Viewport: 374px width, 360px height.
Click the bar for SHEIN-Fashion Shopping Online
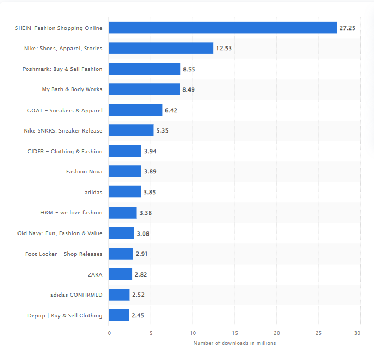click(x=223, y=27)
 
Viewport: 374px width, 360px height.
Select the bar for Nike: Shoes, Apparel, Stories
click(x=161, y=48)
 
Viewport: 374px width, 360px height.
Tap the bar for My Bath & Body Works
click(x=144, y=89)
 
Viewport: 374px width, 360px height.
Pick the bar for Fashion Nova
click(x=125, y=171)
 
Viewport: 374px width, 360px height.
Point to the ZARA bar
click(x=121, y=274)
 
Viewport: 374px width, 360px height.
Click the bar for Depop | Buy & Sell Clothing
click(x=119, y=315)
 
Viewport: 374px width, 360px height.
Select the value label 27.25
click(x=347, y=28)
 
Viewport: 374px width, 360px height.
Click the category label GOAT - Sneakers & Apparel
click(x=64, y=110)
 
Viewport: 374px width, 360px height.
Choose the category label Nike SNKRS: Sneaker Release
click(x=63, y=131)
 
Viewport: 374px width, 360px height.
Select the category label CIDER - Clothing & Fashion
click(x=64, y=151)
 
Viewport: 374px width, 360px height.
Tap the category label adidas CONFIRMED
click(x=76, y=295)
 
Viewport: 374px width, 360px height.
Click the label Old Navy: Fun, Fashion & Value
click(x=60, y=233)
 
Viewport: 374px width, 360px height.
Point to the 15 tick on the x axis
click(x=235, y=333)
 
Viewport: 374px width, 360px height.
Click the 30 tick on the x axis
click(x=358, y=333)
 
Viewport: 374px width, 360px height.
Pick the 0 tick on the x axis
click(x=109, y=333)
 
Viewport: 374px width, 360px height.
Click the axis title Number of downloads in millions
click(x=234, y=343)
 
